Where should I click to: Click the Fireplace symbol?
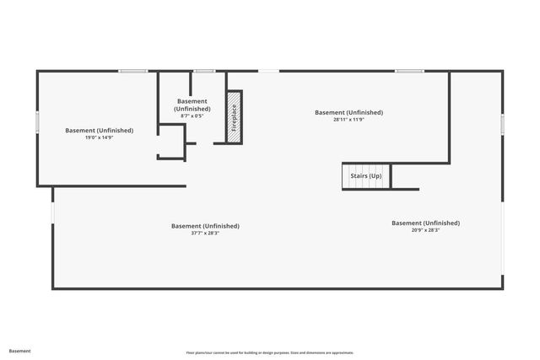point(234,116)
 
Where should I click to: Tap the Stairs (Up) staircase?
point(365,176)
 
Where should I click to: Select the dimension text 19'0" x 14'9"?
point(99,137)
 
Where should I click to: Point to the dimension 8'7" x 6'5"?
point(192,116)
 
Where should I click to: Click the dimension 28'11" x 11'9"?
point(348,119)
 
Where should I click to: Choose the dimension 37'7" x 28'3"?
point(205,233)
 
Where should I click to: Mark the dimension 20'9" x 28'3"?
point(425,229)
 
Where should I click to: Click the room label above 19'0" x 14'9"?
point(99,131)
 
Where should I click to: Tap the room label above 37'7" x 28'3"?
point(205,226)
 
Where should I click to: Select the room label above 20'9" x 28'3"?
point(425,223)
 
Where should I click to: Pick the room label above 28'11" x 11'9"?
point(348,112)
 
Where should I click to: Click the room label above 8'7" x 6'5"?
point(192,105)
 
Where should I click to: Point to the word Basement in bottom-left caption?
point(20,351)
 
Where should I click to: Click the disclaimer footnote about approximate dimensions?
point(270,352)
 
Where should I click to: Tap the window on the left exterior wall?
point(37,122)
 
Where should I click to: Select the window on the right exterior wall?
point(502,125)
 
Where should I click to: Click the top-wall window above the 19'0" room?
point(133,71)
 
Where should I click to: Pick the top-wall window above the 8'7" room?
point(203,71)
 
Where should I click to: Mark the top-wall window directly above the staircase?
point(409,71)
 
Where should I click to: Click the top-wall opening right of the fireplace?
point(268,71)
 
